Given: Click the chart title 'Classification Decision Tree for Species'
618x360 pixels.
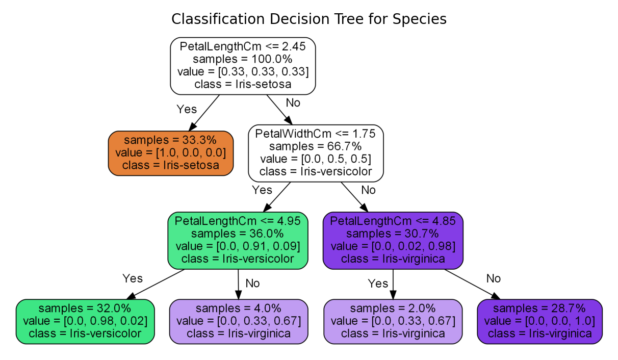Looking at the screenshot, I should (308, 19).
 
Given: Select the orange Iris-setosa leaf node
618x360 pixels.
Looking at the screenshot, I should (170, 153).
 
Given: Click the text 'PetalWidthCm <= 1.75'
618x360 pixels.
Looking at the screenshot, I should (315, 134).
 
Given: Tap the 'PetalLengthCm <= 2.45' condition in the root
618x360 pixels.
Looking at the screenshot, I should (242, 46).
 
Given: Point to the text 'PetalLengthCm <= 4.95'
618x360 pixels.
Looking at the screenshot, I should (238, 221).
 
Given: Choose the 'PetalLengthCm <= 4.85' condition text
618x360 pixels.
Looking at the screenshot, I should (393, 221).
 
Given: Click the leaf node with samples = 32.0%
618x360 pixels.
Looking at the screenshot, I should (85, 321).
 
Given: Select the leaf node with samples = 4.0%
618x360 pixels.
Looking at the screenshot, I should (238, 321).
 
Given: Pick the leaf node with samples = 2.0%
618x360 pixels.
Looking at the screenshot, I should (393, 321).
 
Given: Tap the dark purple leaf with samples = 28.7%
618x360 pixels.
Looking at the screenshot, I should (539, 321).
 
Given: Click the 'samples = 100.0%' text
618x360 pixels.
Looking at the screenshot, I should (242, 59).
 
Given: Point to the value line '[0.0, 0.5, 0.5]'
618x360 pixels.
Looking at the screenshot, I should (315, 159).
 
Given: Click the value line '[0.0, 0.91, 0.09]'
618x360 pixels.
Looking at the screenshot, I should (238, 246).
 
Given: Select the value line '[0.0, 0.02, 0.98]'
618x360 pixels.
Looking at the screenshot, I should (393, 246).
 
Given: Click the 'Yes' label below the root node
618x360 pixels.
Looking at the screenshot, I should (186, 109).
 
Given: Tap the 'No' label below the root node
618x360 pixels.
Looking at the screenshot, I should (293, 102).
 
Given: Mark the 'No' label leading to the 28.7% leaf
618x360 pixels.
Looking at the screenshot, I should (493, 278).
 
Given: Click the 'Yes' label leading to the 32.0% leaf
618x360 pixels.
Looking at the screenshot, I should (132, 278).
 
